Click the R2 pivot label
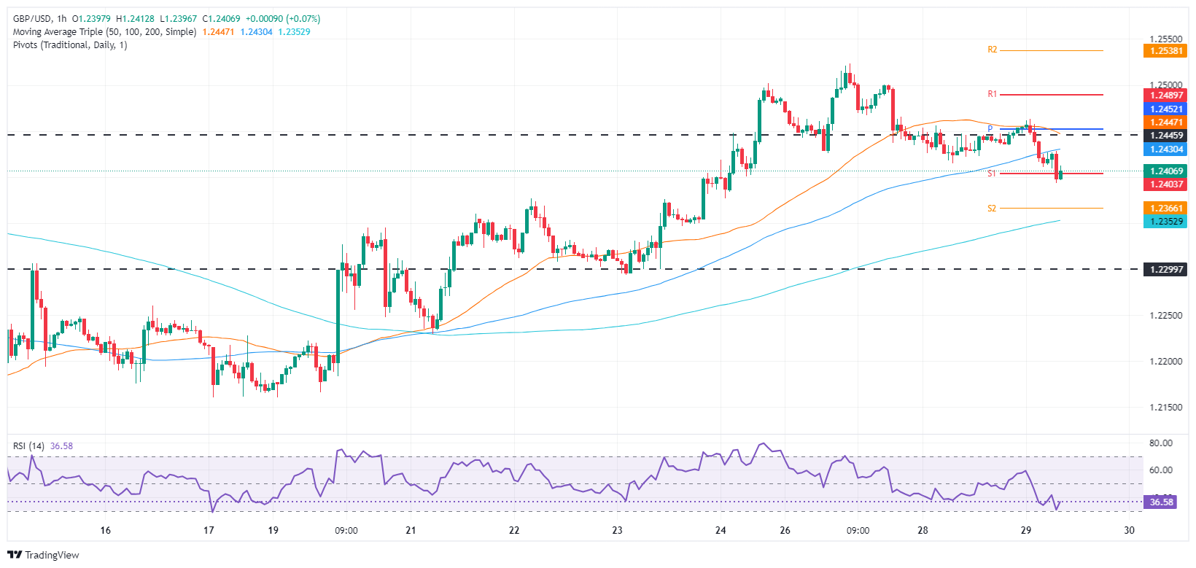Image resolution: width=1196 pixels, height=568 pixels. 992,50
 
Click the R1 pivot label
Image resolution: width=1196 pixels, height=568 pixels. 992,94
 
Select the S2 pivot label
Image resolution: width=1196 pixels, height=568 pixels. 992,209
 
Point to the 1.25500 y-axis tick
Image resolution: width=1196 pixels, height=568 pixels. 1165,39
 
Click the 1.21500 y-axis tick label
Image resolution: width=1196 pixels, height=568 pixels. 1165,408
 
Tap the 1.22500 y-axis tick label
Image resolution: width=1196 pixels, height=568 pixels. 1165,316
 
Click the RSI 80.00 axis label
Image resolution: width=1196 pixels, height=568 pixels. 1161,443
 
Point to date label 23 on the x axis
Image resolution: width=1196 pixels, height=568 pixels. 617,530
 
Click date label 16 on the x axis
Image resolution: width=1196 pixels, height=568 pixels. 106,530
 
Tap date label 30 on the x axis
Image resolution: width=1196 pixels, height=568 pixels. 1129,530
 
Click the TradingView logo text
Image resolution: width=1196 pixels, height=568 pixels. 52,556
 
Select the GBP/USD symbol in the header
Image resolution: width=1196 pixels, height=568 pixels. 33,19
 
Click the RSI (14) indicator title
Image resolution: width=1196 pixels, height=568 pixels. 28,446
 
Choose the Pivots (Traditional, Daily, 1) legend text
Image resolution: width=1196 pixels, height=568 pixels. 70,45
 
